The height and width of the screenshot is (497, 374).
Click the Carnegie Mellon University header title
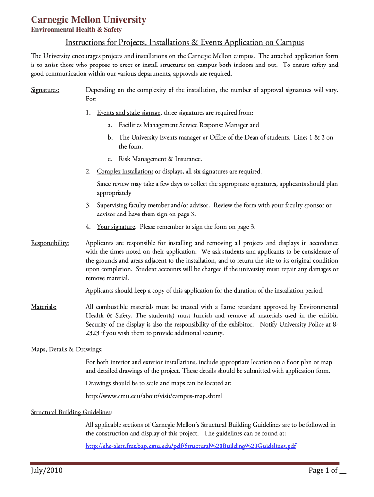click(88, 20)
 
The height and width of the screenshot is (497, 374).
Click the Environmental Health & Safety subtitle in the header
click(76, 30)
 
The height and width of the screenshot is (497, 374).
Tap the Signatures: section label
click(45, 90)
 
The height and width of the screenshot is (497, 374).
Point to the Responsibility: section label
click(50, 243)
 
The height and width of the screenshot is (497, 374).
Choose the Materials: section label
click(44, 307)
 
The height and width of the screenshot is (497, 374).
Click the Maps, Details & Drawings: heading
click(67, 349)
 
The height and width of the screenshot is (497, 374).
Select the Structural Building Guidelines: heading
click(71, 412)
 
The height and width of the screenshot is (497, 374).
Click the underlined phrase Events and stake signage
click(129, 113)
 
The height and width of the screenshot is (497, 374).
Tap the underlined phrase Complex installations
click(125, 171)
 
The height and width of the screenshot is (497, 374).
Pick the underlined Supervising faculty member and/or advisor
click(154, 205)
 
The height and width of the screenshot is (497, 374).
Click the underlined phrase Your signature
click(116, 227)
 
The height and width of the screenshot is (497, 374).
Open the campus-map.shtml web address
click(153, 396)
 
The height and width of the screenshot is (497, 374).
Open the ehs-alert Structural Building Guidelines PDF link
click(191, 446)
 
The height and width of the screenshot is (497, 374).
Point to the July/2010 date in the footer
click(47, 471)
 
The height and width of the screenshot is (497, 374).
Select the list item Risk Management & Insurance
click(160, 159)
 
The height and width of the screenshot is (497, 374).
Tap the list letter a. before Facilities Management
click(111, 125)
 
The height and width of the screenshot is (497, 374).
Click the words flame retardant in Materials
click(241, 307)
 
